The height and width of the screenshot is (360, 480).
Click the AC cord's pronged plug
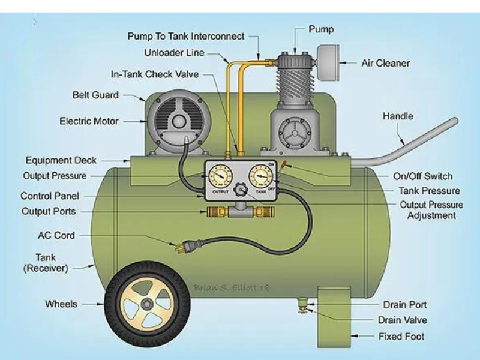tap(184, 246)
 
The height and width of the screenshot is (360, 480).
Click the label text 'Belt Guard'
tap(95, 95)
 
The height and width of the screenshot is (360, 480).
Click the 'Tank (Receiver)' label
tap(46, 263)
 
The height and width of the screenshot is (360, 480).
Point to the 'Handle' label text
tap(398, 116)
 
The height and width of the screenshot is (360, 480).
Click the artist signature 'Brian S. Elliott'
tap(231, 288)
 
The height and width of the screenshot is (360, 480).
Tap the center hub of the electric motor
tap(178, 121)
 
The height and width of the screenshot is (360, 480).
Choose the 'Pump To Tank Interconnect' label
tap(186, 36)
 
